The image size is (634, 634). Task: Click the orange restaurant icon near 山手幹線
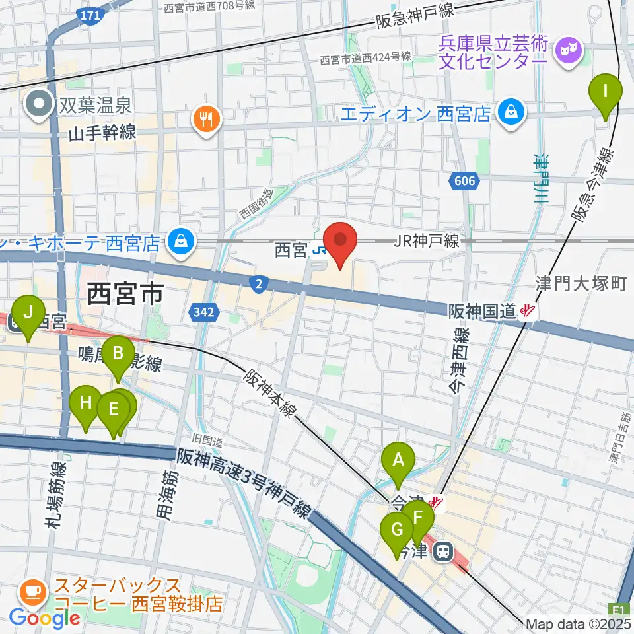tap(207, 119)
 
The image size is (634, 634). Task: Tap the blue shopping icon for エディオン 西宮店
tap(512, 112)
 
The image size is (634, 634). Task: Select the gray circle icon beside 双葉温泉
tap(40, 104)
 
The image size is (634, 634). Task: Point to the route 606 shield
tap(465, 180)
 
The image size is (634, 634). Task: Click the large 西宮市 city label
tap(125, 294)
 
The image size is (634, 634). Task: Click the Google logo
tap(44, 618)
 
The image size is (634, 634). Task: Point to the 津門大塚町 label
tap(581, 284)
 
